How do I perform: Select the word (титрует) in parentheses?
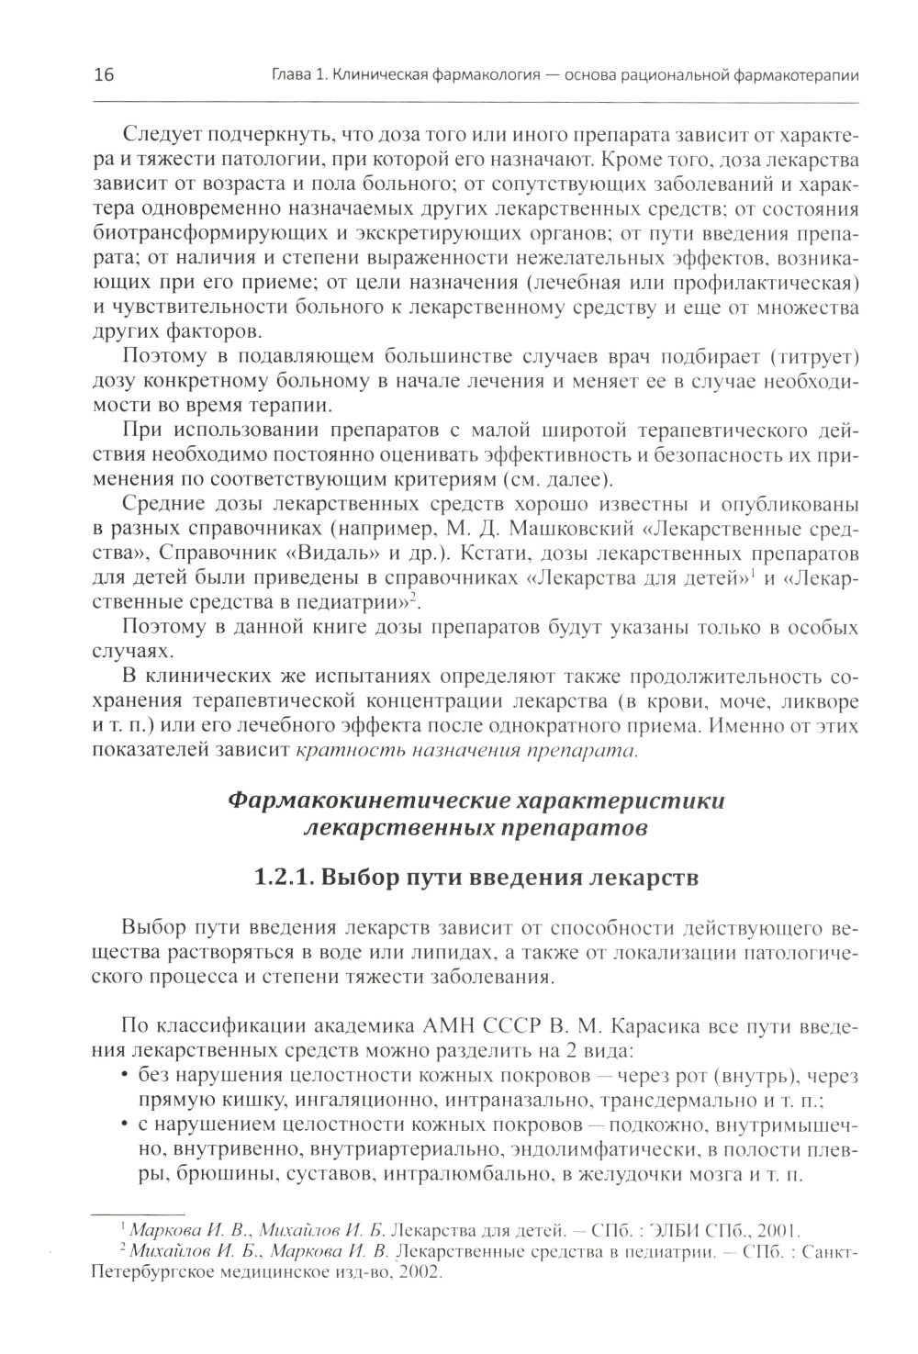(814, 355)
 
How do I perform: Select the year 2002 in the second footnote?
(418, 1273)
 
